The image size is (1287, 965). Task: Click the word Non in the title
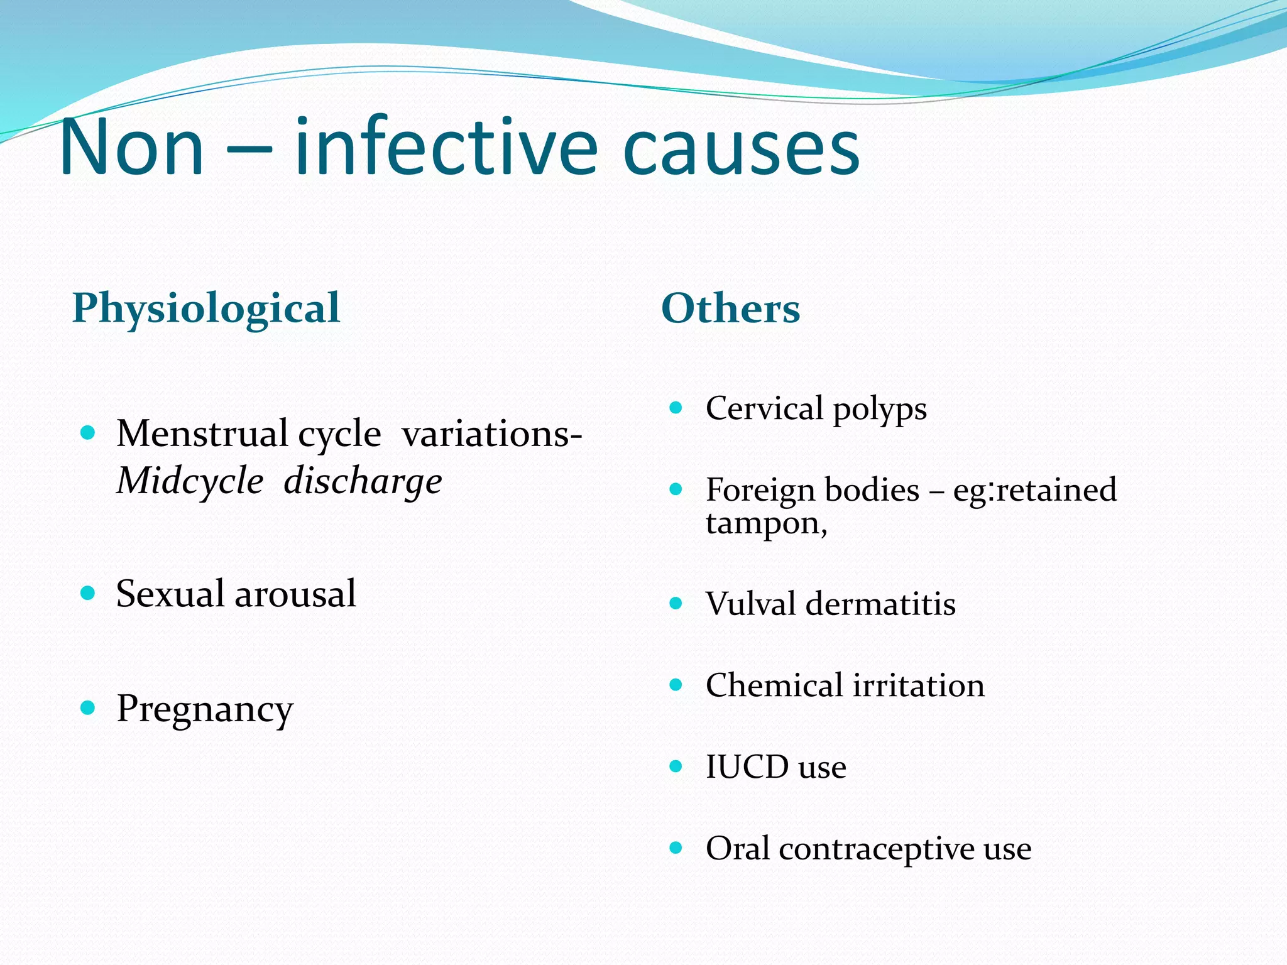pos(132,148)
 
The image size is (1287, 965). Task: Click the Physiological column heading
pos(206,309)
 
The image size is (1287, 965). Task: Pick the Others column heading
pos(730,309)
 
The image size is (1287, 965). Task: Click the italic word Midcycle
pos(190,481)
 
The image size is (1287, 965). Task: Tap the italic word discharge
pos(363,482)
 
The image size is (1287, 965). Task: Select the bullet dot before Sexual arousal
pos(88,593)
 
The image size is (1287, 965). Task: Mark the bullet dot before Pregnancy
pos(88,708)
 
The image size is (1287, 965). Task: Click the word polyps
pos(879,410)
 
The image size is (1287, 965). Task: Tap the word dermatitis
pos(880,604)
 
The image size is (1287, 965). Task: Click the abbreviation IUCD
pos(747,767)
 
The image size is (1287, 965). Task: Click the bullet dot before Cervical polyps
pos(676,408)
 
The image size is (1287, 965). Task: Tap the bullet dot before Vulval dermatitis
pos(676,603)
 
